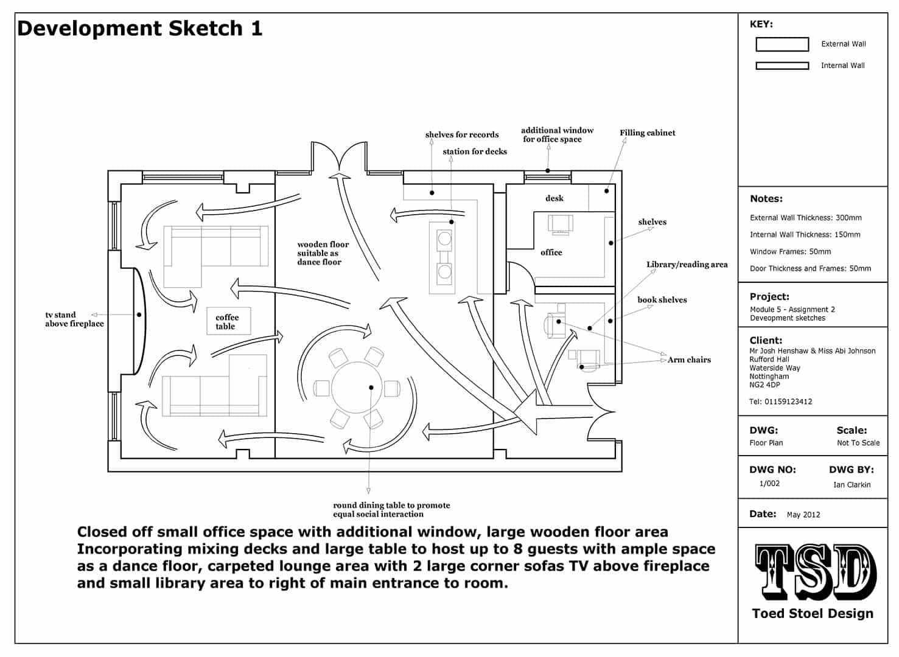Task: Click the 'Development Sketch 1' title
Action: pos(140,29)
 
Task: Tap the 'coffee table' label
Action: pos(226,322)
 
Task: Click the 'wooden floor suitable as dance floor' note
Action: pos(323,253)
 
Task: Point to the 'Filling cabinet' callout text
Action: pos(647,133)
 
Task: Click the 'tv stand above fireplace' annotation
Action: pos(74,319)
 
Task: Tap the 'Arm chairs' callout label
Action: pos(689,360)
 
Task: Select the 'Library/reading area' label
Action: pos(687,265)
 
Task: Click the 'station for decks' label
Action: pos(475,151)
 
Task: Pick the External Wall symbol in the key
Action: pos(782,44)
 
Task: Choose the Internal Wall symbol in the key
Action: pos(782,66)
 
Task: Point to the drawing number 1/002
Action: pos(769,484)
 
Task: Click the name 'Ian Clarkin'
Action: pos(852,485)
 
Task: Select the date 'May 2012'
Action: pos(803,515)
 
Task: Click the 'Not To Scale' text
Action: pos(858,443)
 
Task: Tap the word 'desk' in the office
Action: pos(554,198)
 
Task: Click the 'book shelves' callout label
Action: pos(662,300)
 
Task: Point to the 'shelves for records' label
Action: pos(462,135)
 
